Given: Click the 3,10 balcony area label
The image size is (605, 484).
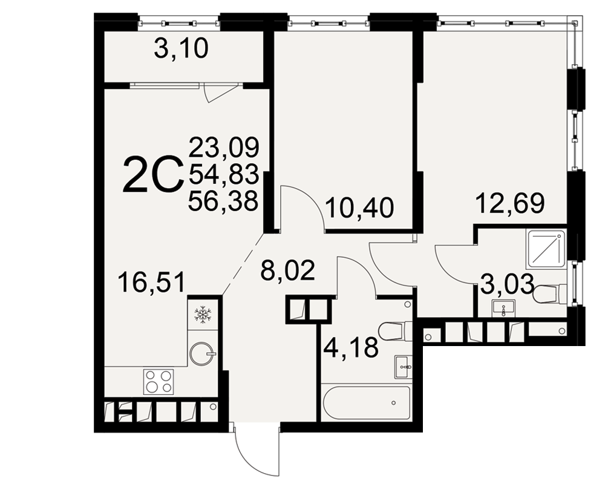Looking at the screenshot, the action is coord(181,50).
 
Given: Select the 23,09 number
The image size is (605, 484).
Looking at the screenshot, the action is coord(223,147).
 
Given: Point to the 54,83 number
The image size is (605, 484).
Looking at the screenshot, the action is coord(223,174).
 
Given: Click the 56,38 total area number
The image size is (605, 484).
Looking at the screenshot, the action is coord(223,200).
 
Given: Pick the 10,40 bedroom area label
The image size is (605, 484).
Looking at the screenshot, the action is coord(359,208).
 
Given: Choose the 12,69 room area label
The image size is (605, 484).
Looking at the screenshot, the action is coord(510,203).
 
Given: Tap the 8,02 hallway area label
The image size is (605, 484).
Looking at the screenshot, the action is coord(288,270).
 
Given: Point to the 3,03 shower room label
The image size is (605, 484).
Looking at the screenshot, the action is coord(506,284).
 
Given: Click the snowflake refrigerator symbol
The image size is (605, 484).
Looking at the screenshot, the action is coord(201,314).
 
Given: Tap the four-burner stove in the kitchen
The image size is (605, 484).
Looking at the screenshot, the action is coord(158,381).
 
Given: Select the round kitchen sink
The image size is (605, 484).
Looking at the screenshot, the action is coord(202,352).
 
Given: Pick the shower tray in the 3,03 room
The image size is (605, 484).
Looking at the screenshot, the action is coord(546,249).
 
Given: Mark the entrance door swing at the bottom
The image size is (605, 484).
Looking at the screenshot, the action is coord(257,450).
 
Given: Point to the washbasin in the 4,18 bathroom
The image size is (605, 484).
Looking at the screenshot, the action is coord(403,367).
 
